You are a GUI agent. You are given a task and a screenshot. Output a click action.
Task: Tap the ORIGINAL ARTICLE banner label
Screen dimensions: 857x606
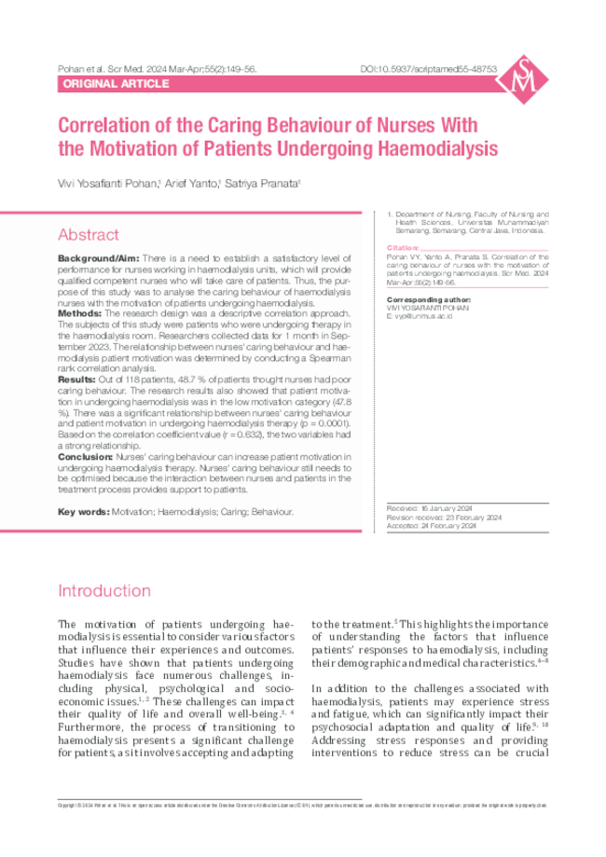click(x=115, y=84)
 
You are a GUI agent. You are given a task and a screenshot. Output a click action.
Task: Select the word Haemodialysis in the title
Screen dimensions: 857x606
click(x=440, y=148)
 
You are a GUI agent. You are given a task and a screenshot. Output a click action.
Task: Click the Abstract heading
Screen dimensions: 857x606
click(x=89, y=235)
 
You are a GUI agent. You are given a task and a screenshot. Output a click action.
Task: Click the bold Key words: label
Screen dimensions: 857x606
click(x=83, y=512)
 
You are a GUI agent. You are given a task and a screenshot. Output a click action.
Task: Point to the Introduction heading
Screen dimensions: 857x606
click(x=103, y=591)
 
